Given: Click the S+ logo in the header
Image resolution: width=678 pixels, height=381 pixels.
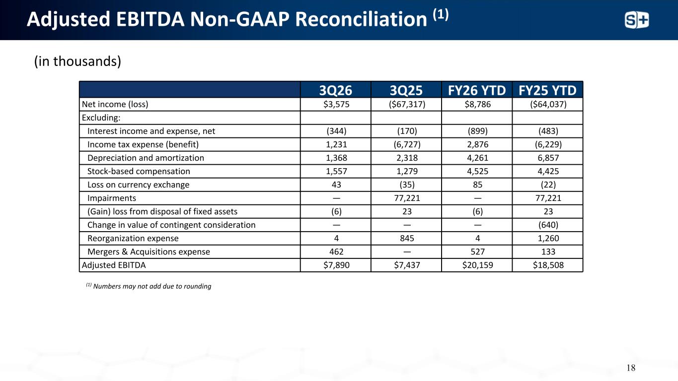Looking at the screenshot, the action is tap(637, 20).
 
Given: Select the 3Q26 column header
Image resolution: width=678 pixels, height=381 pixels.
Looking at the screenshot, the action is tap(336, 90).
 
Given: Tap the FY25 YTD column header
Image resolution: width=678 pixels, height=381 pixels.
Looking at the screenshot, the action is tap(547, 90).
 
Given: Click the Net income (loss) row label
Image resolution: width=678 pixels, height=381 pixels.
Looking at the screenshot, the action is tap(115, 104).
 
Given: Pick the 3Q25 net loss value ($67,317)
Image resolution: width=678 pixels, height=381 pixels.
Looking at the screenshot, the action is tap(407, 104).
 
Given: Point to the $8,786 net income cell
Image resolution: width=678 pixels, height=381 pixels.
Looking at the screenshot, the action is tap(478, 104).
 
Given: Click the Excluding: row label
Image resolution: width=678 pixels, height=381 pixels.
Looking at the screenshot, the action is tap(101, 118).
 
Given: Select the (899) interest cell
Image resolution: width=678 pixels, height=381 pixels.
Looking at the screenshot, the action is tap(478, 131).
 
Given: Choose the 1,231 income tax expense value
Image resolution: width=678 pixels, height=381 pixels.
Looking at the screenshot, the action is tap(336, 144).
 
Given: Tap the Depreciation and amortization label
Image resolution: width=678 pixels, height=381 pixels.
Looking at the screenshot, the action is tap(146, 158).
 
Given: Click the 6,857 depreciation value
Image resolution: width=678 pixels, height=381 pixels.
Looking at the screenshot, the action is tap(548, 158).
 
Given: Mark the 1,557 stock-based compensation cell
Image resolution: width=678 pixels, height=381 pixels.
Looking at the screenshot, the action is tap(336, 171).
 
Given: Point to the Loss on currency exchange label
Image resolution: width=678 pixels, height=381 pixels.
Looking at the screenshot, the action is tap(138, 185).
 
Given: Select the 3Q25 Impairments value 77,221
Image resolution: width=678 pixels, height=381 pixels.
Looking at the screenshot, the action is tap(407, 198).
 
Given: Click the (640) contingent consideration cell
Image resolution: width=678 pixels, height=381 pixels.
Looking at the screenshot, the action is tap(548, 225).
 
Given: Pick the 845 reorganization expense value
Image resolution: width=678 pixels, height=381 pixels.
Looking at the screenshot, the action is tap(407, 238).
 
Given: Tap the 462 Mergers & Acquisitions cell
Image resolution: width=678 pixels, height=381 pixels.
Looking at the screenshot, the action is tap(336, 252).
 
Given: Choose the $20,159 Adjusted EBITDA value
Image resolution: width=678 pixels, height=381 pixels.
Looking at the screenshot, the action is tap(478, 265).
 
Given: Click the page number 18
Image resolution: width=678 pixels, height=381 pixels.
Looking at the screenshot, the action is tap(631, 368).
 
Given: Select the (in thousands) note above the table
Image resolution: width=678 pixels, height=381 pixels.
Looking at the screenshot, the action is tap(77, 61).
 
